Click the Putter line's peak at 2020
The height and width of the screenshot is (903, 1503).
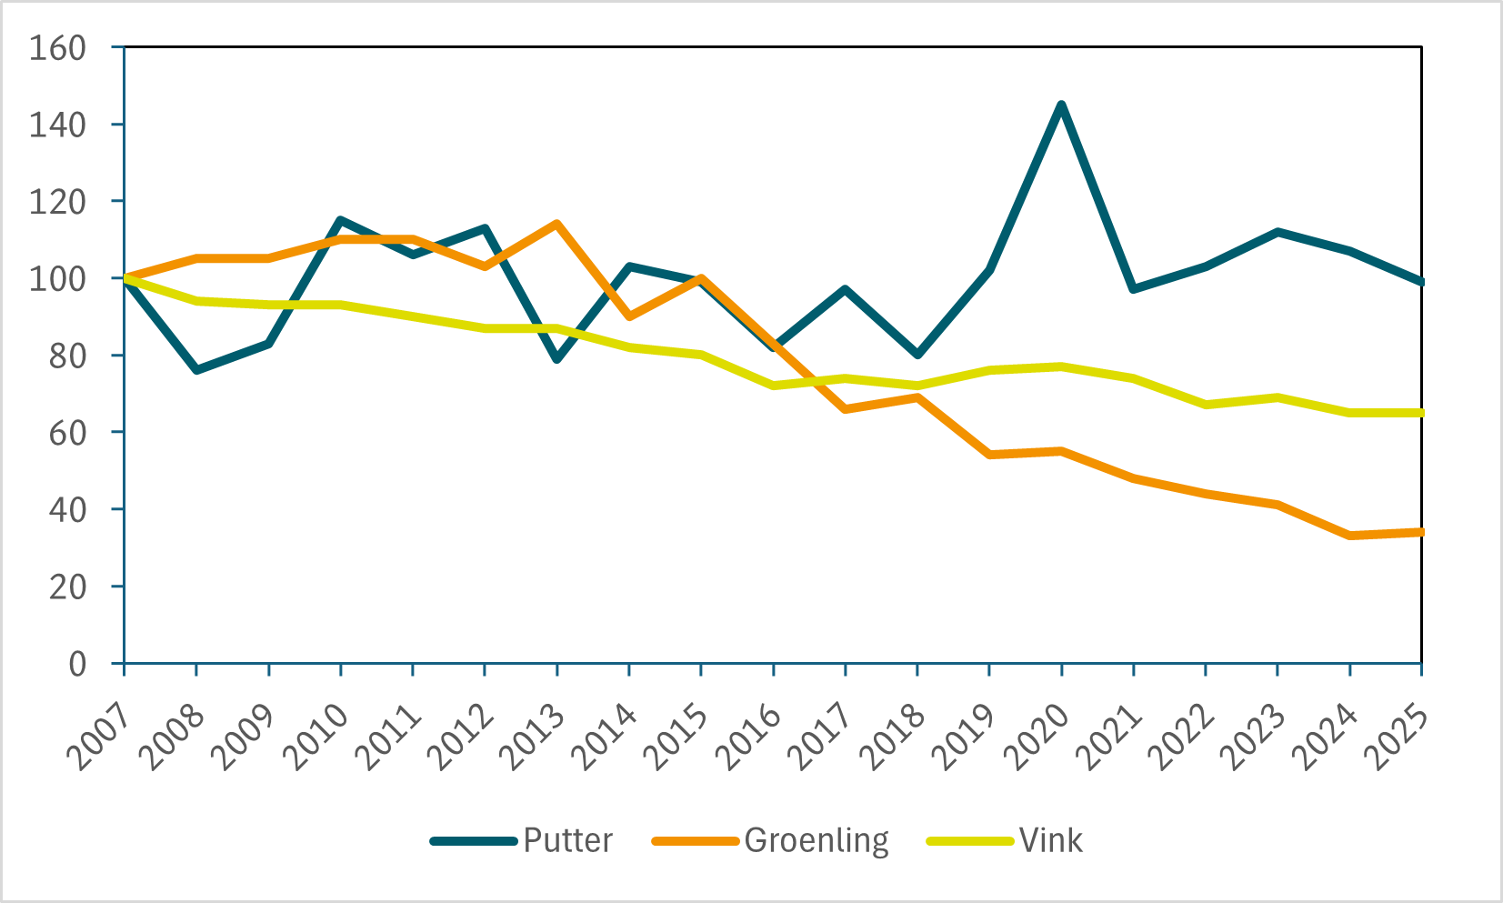[1061, 105]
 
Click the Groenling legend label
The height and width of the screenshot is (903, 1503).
[816, 840]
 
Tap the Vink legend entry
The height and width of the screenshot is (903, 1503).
[1050, 840]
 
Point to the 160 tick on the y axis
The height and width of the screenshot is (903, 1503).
[57, 47]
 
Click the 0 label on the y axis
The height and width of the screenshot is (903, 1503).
[77, 664]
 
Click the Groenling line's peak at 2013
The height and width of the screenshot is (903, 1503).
[556, 224]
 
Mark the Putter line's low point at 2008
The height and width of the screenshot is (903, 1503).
[196, 370]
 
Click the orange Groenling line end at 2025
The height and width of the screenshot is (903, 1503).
[1419, 532]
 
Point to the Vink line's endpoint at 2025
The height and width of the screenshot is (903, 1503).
[1419, 413]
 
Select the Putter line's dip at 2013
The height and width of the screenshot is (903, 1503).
[556, 359]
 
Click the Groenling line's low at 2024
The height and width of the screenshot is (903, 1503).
[1349, 536]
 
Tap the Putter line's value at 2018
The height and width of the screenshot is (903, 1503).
[917, 355]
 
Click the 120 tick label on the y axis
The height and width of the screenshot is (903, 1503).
[57, 201]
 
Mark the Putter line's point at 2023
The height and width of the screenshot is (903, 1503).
[1278, 232]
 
